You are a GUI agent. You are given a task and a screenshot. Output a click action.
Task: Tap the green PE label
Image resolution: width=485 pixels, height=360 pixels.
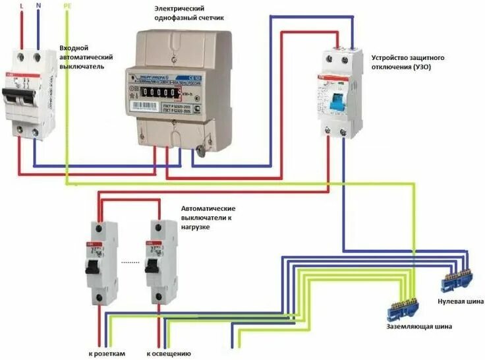(x=68, y=6)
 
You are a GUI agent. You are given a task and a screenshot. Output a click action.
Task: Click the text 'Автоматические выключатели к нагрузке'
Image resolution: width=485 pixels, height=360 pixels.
(x=208, y=217)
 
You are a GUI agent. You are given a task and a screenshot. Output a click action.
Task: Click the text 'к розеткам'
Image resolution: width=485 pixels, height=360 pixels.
(x=107, y=354)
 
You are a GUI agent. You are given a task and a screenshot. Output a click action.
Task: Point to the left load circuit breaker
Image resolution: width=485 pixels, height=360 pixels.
(x=101, y=264)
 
